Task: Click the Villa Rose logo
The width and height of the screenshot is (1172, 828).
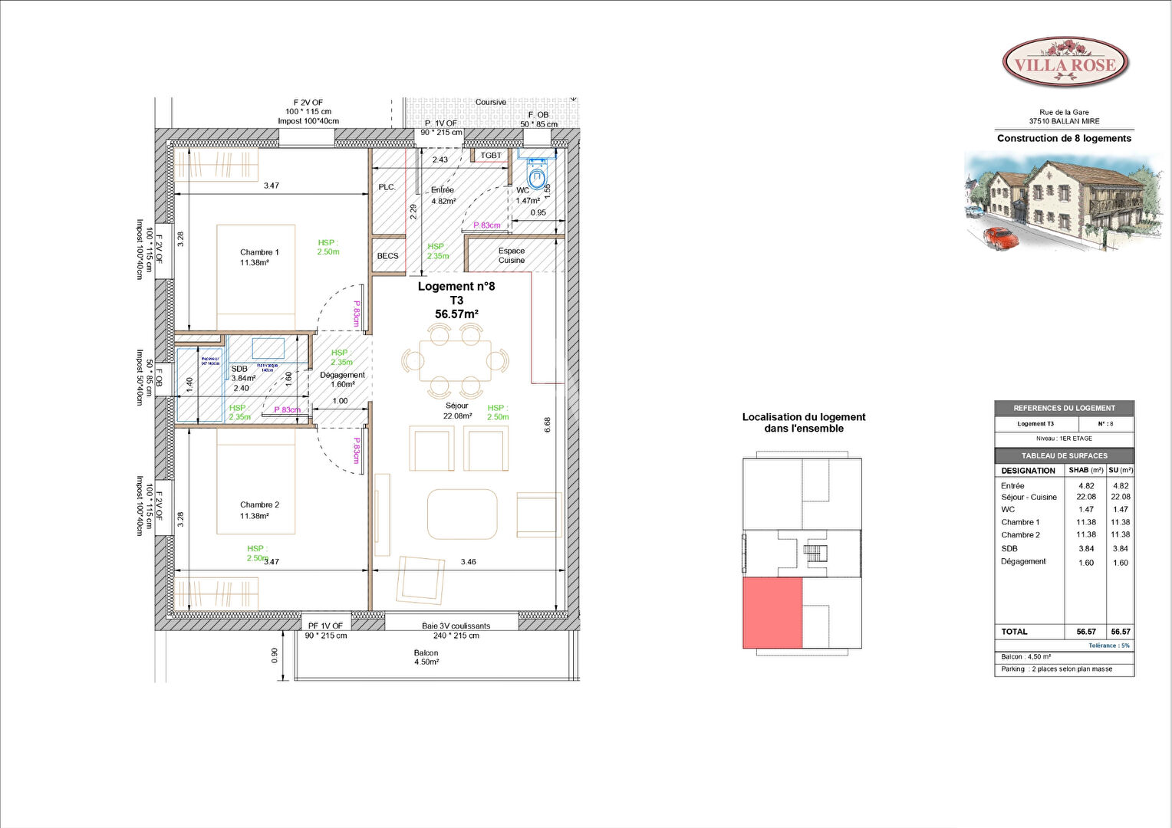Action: [1065, 64]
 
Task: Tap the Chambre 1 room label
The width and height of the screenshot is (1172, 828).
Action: [259, 257]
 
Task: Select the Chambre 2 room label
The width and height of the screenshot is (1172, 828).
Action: [259, 510]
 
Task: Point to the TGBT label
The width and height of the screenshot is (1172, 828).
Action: [491, 156]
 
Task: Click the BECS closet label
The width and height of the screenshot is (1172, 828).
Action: [387, 256]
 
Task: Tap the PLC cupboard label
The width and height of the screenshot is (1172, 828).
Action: [386, 187]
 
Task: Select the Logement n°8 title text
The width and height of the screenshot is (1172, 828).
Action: [456, 287]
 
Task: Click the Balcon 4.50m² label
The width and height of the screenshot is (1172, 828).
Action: [426, 657]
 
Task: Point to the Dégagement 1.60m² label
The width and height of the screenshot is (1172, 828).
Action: [342, 379]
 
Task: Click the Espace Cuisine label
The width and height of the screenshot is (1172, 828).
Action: [512, 255]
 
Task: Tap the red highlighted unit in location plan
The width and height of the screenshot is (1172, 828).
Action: [772, 613]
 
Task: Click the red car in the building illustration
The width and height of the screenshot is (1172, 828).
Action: [1001, 238]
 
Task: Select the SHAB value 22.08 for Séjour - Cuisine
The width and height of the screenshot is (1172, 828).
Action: [1086, 497]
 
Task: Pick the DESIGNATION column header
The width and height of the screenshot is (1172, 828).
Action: [1028, 471]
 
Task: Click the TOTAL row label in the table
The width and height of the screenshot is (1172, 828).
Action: [1014, 632]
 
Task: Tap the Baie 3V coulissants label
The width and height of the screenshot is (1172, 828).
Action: [456, 626]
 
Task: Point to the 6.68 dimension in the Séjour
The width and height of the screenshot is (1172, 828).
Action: [547, 425]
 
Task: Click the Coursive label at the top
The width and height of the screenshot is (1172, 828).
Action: [491, 102]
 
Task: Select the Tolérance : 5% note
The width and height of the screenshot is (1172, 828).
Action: [1109, 646]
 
